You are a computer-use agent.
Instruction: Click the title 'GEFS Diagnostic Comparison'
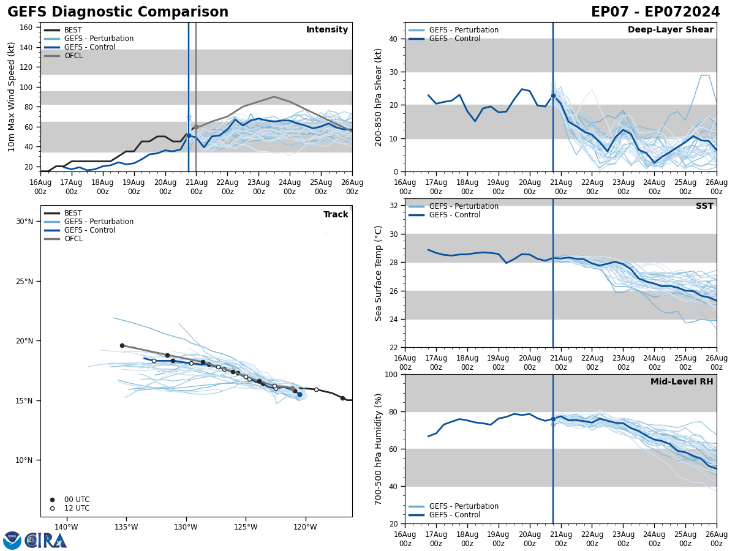pyautogui.click(x=118, y=12)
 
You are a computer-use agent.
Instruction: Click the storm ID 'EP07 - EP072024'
pyautogui.click(x=655, y=12)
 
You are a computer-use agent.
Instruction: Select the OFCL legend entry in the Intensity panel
pyautogui.click(x=73, y=56)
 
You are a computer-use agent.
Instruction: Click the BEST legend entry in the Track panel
pyautogui.click(x=73, y=213)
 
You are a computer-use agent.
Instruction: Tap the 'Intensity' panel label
pyautogui.click(x=327, y=30)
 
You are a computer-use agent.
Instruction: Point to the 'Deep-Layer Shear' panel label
pyautogui.click(x=670, y=30)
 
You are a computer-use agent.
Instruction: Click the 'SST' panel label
pyautogui.click(x=704, y=206)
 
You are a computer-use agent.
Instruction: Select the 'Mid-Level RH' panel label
pyautogui.click(x=682, y=382)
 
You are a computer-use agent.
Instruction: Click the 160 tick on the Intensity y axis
pyautogui.click(x=26, y=28)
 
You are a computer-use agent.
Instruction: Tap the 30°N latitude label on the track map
pyautogui.click(x=24, y=222)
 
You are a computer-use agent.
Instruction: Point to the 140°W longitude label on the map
pyautogui.click(x=66, y=527)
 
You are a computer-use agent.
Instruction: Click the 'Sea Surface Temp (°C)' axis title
pyautogui.click(x=379, y=273)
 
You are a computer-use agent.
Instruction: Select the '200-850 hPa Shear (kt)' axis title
pyautogui.click(x=379, y=97)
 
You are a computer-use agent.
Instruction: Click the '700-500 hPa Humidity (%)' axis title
pyautogui.click(x=379, y=449)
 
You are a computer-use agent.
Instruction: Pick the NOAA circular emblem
pyautogui.click(x=12, y=541)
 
